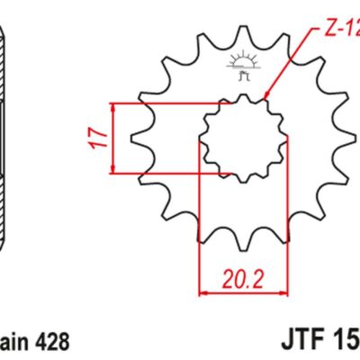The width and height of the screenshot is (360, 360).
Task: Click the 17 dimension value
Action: click(102, 138)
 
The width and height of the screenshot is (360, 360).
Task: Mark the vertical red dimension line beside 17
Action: click(114, 138)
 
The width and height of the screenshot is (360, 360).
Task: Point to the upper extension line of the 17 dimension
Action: click(171, 104)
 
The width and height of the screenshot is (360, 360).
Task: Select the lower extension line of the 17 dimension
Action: click(171, 171)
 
